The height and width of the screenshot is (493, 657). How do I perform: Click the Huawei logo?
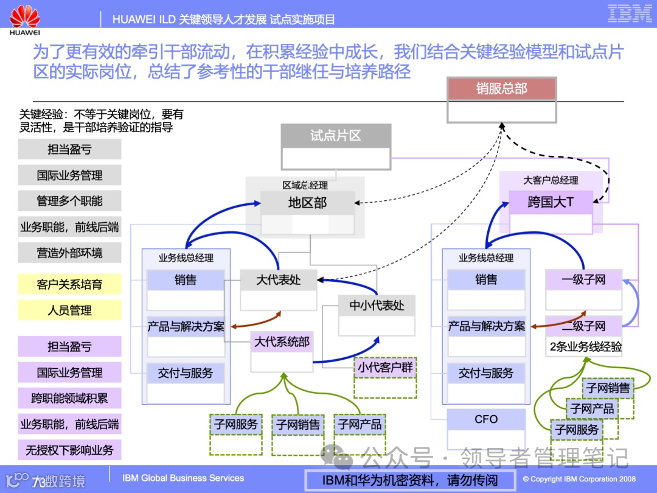tap(26, 19)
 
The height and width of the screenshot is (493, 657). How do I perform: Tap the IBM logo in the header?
tap(630, 13)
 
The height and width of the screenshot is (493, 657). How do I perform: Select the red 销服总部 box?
tap(501, 89)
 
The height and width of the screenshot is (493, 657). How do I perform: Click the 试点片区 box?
tap(335, 136)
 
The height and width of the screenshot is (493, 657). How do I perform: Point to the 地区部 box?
tap(307, 203)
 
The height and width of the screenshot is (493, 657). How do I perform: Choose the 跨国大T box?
tap(551, 202)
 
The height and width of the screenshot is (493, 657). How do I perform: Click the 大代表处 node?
tap(278, 281)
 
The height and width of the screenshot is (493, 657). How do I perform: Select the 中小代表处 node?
tap(377, 306)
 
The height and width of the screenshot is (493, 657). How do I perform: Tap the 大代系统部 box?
tap(281, 343)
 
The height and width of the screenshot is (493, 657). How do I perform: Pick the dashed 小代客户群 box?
tap(385, 368)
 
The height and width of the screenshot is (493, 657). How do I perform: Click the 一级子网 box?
tap(583, 280)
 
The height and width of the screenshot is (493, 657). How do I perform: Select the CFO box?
tap(486, 419)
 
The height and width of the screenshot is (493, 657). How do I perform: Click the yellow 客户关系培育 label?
tap(69, 284)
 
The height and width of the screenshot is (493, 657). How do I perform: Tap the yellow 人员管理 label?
tap(69, 310)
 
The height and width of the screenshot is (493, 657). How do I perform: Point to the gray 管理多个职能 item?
tap(69, 201)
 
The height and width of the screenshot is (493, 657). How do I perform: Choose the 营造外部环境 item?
tap(69, 253)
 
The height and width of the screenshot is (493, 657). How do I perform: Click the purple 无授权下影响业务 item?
tap(69, 450)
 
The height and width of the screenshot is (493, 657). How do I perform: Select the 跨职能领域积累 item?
tap(69, 398)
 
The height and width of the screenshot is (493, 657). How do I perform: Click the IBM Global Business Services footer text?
tap(183, 478)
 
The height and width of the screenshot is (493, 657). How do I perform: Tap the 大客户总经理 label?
tap(551, 180)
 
